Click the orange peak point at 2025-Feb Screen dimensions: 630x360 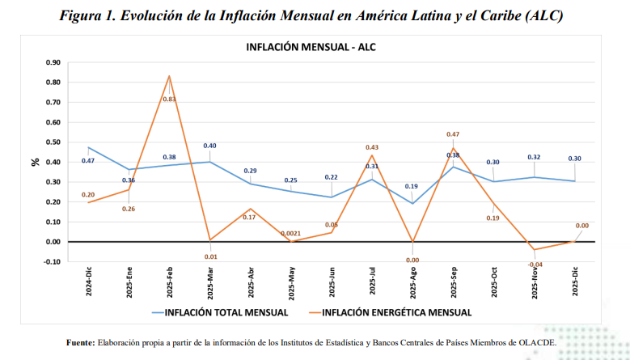coord(169,76)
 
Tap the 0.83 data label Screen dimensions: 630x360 coord(169,100)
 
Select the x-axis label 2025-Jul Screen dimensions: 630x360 coord(373,281)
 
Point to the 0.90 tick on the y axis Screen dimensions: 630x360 coord(53,62)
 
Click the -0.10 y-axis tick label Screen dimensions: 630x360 coord(52,261)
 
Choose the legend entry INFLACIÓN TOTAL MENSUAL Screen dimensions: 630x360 coord(226,312)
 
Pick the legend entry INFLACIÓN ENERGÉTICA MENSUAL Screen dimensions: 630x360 coord(396,312)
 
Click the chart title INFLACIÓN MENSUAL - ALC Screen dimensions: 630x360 coord(311,47)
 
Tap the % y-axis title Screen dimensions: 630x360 coord(36,162)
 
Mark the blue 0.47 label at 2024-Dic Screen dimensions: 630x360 coord(88,161)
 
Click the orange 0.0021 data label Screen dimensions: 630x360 coord(290,234)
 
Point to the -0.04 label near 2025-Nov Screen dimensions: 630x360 coord(535,265)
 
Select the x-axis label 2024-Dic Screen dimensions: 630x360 coord(89,282)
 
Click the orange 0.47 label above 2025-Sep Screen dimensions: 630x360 coord(453,134)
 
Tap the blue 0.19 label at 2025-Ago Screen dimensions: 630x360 coord(412,186)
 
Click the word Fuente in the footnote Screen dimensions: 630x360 coord(80,343)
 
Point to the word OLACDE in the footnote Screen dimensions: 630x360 coord(537,343)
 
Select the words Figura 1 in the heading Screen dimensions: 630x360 coord(87,15)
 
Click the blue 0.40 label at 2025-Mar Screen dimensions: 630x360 coord(209,146)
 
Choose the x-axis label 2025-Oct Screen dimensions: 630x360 coord(494,282)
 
